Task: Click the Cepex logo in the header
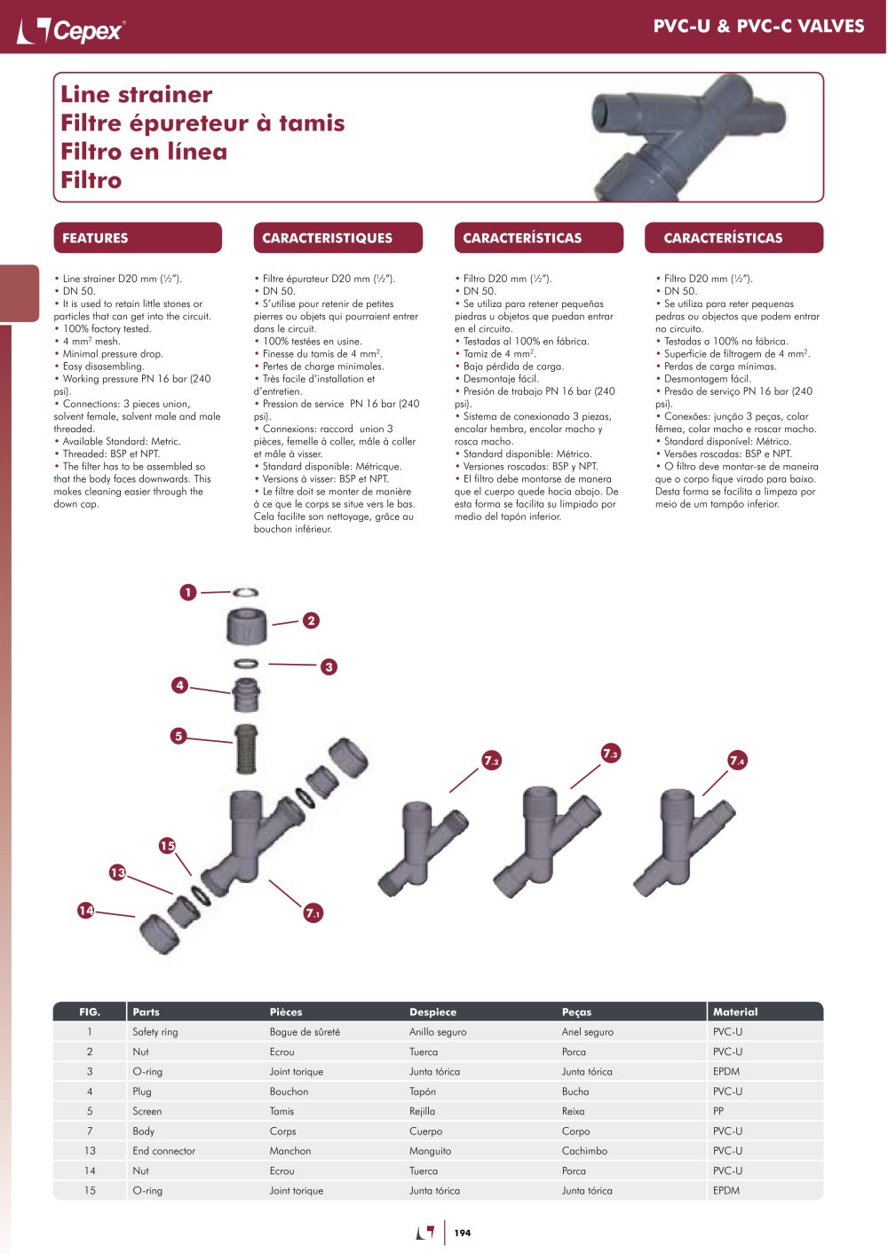click(70, 30)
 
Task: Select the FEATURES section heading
click(95, 238)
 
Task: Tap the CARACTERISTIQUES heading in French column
click(327, 238)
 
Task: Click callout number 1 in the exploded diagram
click(188, 592)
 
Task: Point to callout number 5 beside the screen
click(178, 736)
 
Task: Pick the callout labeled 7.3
click(610, 753)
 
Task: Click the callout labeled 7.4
click(737, 761)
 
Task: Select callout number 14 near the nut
click(86, 911)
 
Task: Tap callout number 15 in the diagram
click(168, 846)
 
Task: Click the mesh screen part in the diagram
click(246, 749)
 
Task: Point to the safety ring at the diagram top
click(245, 592)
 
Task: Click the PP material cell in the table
click(718, 1111)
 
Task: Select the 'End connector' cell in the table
click(163, 1150)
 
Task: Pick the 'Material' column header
click(735, 1012)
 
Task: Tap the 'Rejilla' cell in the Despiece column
click(422, 1111)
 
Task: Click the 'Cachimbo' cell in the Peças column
click(584, 1150)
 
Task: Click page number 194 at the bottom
click(463, 1233)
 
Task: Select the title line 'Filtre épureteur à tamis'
click(202, 123)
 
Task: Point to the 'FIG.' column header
click(90, 1012)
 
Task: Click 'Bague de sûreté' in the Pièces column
click(305, 1032)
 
